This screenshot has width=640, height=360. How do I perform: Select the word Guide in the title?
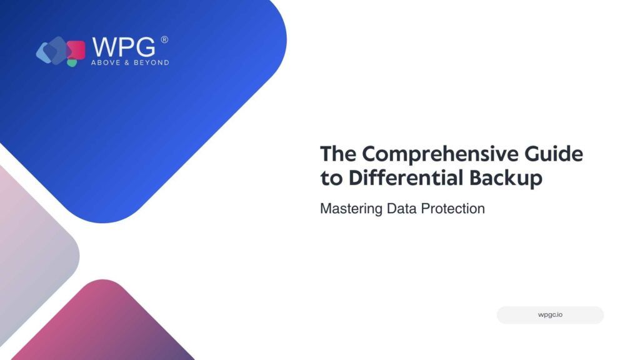554,154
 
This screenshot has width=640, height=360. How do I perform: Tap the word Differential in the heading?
406,177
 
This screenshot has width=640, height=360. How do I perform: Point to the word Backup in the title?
506,179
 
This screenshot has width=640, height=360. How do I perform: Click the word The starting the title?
338,154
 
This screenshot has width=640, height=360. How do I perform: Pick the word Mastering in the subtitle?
351,209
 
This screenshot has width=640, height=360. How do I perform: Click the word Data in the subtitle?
402,209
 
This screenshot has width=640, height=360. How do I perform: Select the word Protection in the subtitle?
453,209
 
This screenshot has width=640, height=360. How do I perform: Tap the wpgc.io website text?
550,315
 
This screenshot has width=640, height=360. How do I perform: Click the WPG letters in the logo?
124,47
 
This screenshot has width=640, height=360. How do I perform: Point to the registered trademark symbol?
164,39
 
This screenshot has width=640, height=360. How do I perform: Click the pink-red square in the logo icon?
76,50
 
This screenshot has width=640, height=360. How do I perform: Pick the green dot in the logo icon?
72,63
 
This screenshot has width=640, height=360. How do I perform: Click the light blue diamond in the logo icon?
45,52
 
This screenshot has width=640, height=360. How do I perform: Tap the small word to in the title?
331,178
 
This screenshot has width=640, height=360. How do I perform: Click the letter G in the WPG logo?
145,47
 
